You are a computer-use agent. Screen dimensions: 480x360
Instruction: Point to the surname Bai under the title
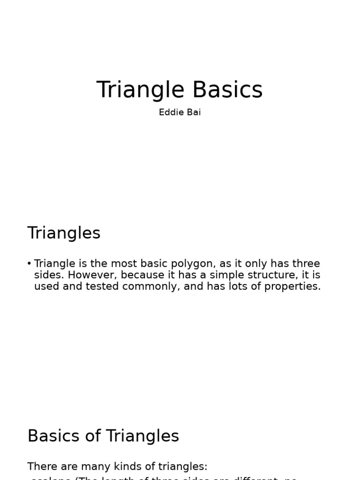(x=194, y=112)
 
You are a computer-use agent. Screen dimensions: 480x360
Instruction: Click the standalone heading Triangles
(x=64, y=233)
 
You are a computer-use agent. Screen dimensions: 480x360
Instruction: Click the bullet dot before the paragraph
(x=30, y=264)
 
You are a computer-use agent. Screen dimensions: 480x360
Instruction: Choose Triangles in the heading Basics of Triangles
(x=142, y=436)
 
